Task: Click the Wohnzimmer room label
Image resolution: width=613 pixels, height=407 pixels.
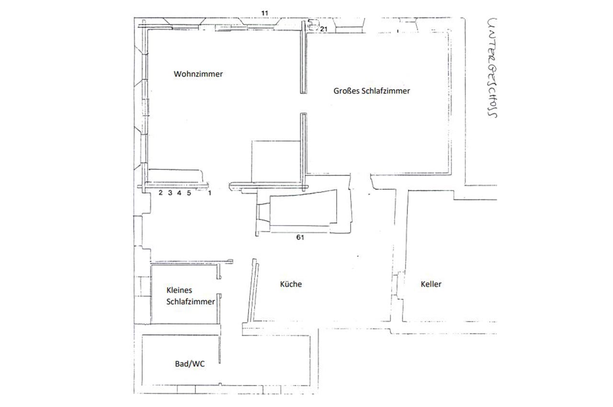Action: pyautogui.click(x=198, y=74)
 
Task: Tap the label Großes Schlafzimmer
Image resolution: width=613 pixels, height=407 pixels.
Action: pyautogui.click(x=372, y=91)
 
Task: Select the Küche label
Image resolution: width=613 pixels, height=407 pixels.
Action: pyautogui.click(x=291, y=284)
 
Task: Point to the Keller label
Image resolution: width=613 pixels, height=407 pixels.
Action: pyautogui.click(x=431, y=284)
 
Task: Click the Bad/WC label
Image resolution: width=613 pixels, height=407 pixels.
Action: pyautogui.click(x=190, y=364)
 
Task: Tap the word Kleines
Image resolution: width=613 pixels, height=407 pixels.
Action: pyautogui.click(x=179, y=290)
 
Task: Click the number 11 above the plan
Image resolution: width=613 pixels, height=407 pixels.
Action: pyautogui.click(x=265, y=13)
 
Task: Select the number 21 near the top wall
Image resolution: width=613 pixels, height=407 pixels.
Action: pyautogui.click(x=324, y=29)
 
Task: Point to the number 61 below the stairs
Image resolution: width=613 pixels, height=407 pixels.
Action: pyautogui.click(x=300, y=237)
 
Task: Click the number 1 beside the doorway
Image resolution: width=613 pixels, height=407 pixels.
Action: pyautogui.click(x=210, y=193)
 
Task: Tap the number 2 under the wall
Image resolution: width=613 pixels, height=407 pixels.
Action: pyautogui.click(x=160, y=192)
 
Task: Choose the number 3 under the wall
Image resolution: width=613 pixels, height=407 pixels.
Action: pyautogui.click(x=170, y=192)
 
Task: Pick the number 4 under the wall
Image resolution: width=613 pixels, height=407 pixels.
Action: pyautogui.click(x=179, y=192)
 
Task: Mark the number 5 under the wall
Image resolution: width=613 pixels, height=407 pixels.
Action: pyautogui.click(x=189, y=193)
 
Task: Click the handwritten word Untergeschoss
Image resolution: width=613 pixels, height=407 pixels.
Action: pyautogui.click(x=492, y=68)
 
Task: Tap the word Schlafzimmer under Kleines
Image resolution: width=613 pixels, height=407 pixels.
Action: pyautogui.click(x=191, y=302)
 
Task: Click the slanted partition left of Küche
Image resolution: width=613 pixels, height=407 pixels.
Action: pyautogui.click(x=253, y=290)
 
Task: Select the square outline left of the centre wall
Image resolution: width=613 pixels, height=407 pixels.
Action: pyautogui.click(x=276, y=162)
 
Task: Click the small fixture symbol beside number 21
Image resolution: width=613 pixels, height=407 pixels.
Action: pyautogui.click(x=314, y=25)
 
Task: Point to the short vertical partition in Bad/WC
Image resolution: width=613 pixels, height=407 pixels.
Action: pyautogui.click(x=219, y=349)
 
